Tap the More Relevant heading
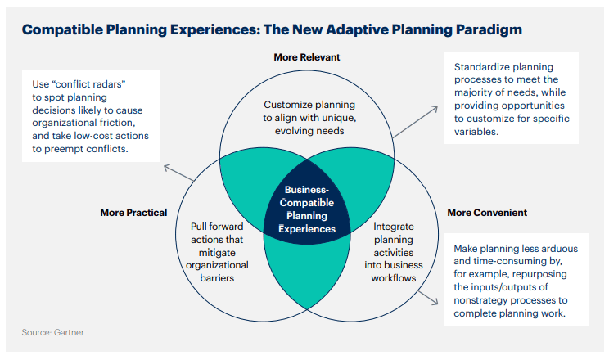click(x=306, y=57)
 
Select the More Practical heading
click(x=133, y=213)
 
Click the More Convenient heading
click(x=487, y=213)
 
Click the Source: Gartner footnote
click(x=52, y=333)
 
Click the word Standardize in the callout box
click(x=482, y=65)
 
